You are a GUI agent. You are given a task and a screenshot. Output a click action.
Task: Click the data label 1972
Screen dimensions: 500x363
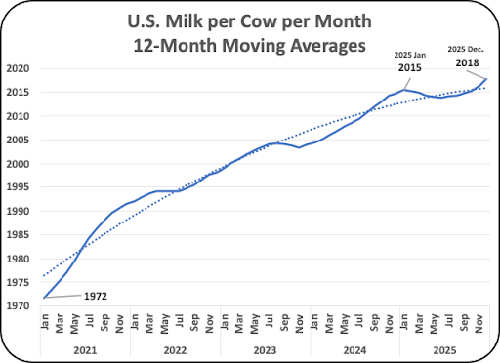[x=96, y=297]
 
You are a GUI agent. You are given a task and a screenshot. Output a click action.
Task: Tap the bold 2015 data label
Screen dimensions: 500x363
[x=410, y=68]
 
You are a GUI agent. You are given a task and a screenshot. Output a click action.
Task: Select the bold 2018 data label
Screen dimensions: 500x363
[x=467, y=62]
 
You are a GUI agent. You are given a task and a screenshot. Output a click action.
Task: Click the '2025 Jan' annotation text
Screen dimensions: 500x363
[x=410, y=55]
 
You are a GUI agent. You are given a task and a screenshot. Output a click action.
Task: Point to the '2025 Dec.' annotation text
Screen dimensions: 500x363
[x=466, y=50]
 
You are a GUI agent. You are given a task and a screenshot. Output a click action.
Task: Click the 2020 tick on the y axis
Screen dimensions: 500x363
[x=18, y=68]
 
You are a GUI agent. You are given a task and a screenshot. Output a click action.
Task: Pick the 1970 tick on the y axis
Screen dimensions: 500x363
[x=18, y=306]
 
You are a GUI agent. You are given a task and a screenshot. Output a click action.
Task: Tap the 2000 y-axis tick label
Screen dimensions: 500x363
[x=18, y=164]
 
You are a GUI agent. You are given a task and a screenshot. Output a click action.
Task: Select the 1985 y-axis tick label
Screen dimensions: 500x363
[x=18, y=235]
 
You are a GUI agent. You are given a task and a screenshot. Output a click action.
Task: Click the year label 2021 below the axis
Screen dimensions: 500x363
[x=85, y=350]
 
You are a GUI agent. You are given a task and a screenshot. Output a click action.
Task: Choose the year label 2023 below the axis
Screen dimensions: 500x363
[x=265, y=350]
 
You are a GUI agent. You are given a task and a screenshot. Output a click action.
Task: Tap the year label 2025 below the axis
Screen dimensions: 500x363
[x=445, y=350]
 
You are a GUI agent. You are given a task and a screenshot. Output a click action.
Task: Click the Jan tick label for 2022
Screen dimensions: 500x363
[x=135, y=321]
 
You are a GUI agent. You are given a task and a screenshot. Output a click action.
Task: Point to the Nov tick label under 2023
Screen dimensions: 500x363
[x=300, y=323]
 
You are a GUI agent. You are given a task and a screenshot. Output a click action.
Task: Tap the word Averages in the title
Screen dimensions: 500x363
[x=328, y=46]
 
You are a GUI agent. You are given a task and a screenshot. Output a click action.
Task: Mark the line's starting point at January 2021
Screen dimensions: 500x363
[x=44, y=298]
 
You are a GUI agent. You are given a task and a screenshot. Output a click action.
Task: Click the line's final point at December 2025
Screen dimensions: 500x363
[x=486, y=78]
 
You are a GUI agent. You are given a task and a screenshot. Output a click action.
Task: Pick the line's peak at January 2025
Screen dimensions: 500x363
[x=404, y=90]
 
